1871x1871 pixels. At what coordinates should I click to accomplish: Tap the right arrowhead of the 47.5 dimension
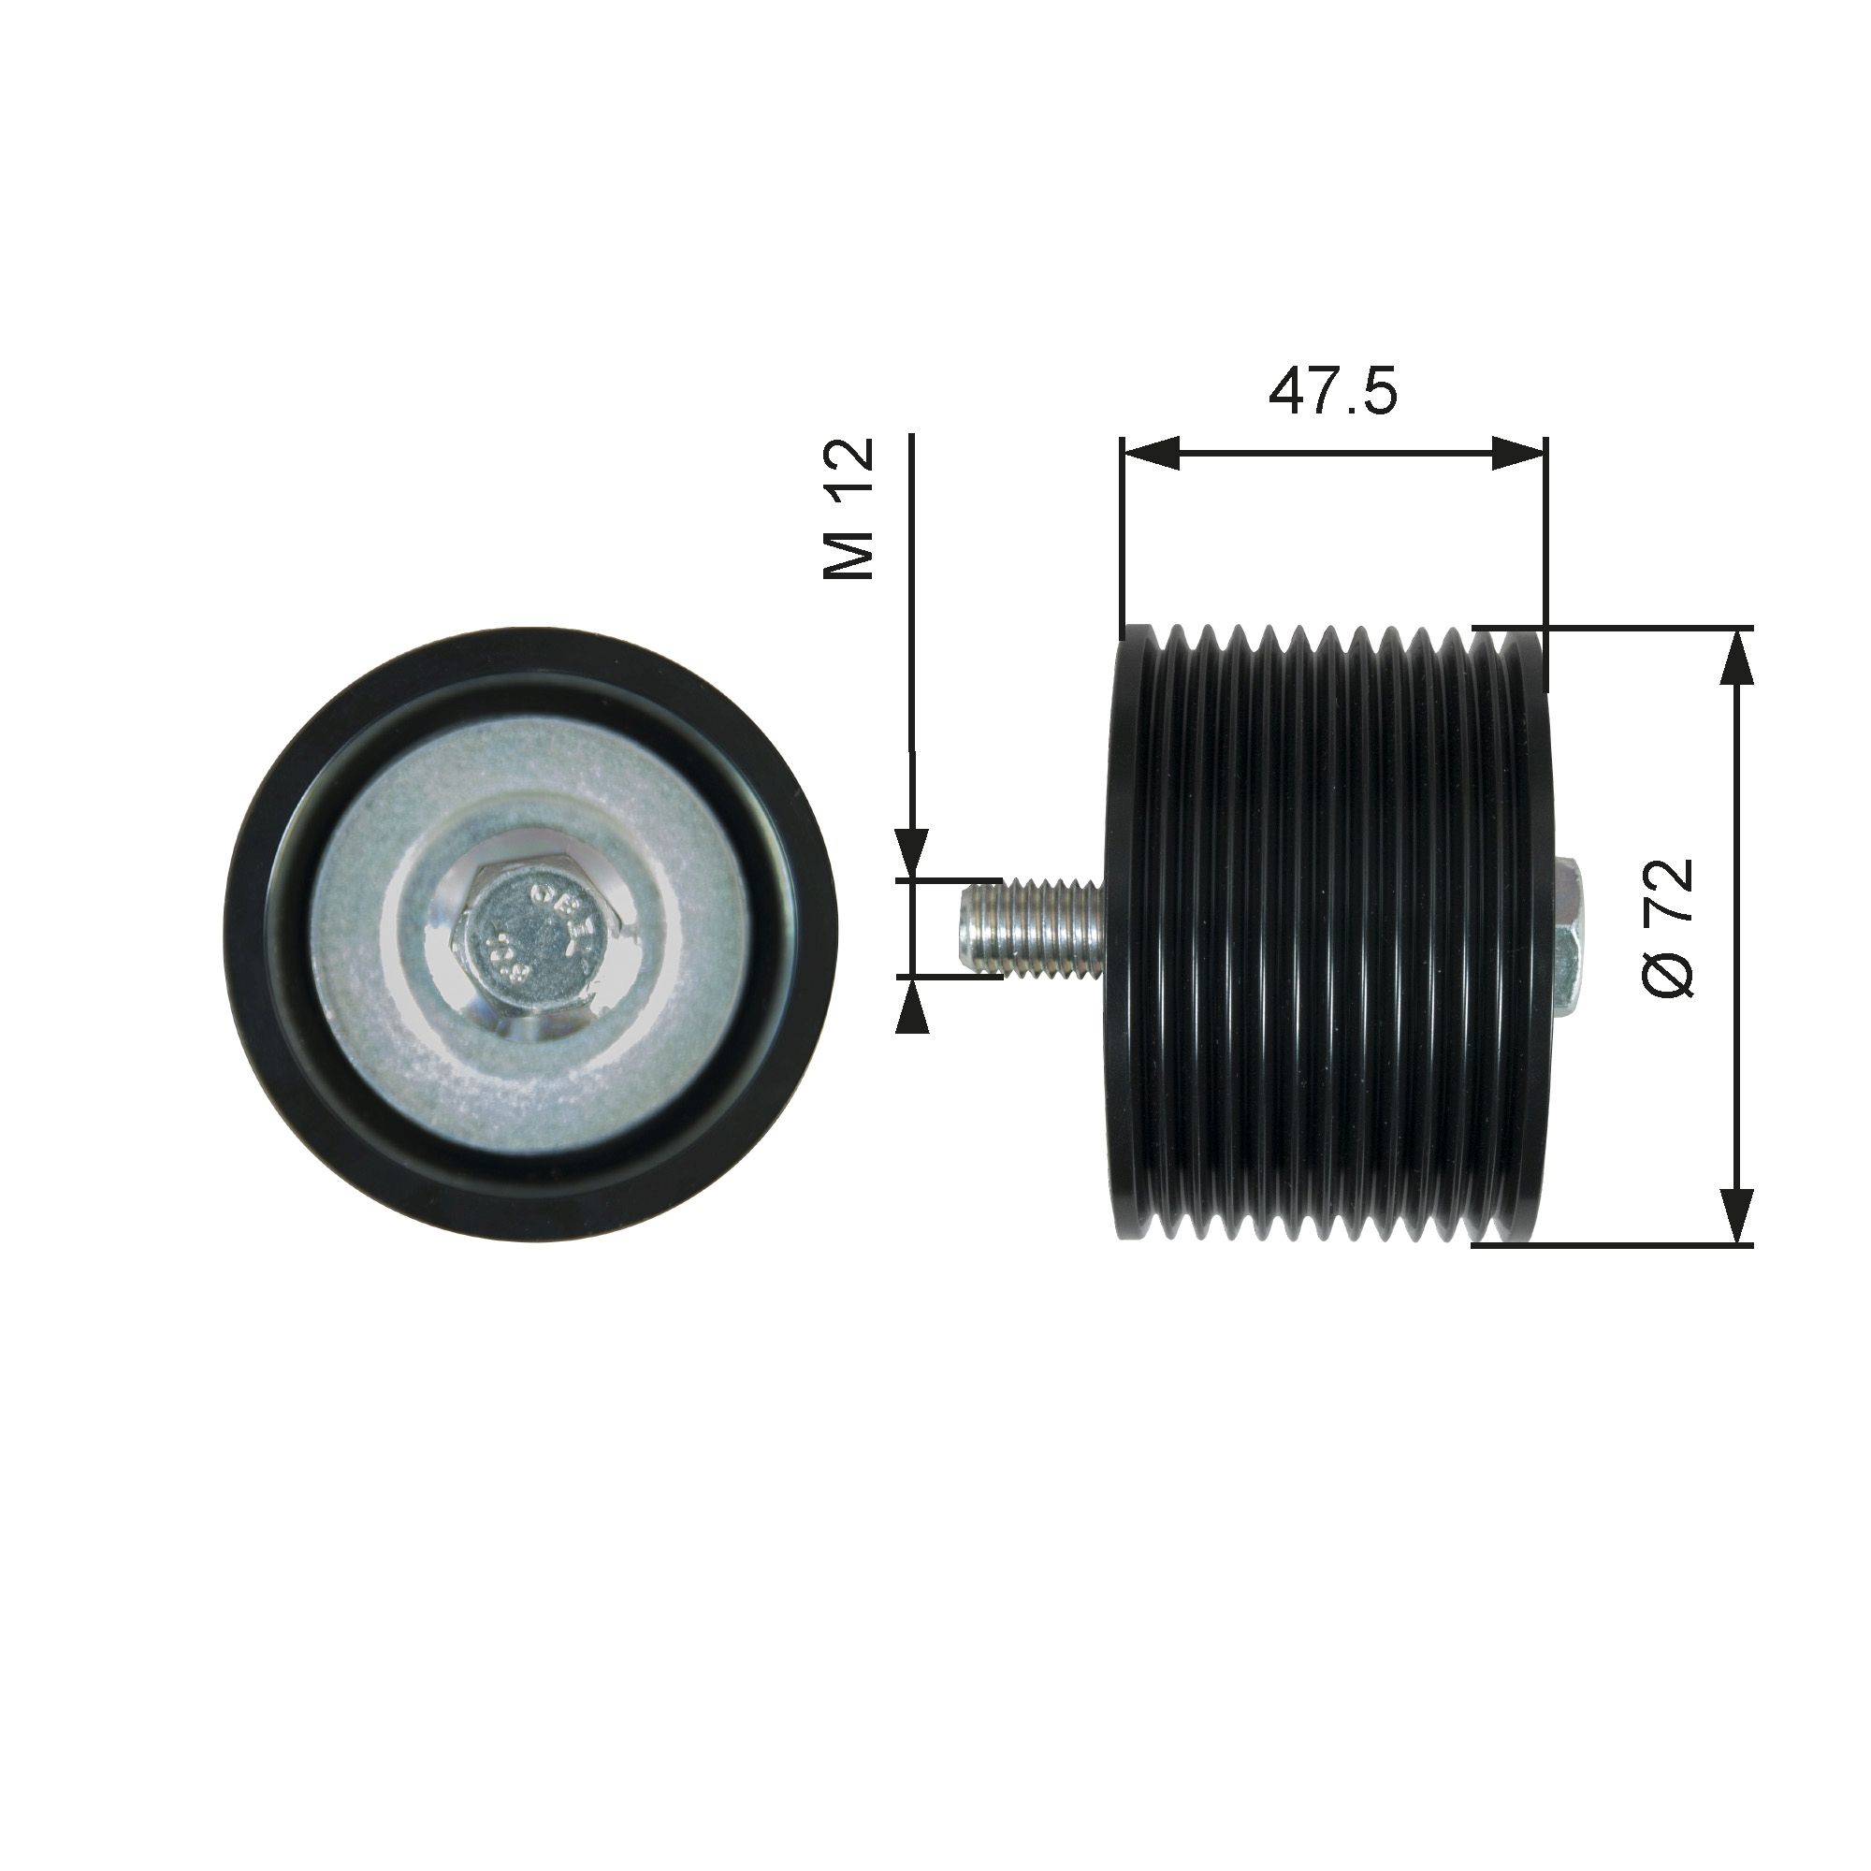[1516, 452]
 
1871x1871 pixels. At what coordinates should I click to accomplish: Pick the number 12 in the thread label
[849, 470]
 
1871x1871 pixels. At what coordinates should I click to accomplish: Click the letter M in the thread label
[849, 555]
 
